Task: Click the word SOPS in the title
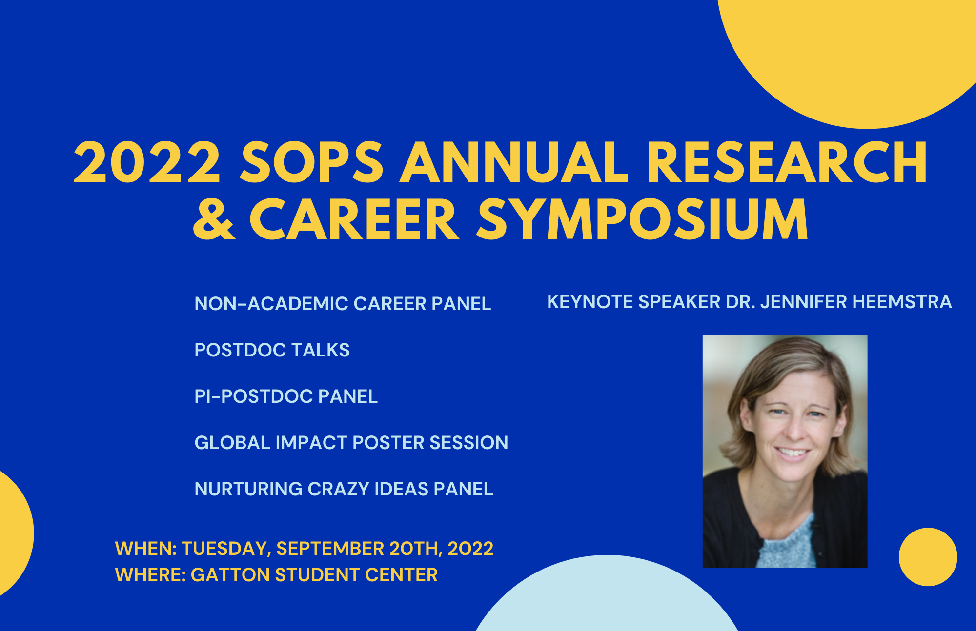[x=312, y=162]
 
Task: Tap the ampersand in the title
[x=214, y=219]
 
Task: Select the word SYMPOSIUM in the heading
[x=642, y=219]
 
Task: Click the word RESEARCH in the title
[x=787, y=162]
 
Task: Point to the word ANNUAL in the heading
[x=514, y=162]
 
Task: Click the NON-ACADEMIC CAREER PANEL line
[x=343, y=304]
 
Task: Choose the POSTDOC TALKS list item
[x=272, y=350]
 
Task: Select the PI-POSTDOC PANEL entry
[x=286, y=396]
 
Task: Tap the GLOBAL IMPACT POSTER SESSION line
[x=351, y=443]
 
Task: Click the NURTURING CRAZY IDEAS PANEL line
[x=344, y=489]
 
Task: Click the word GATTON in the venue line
[x=230, y=575]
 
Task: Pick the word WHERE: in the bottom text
[x=150, y=575]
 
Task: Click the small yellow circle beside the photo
[x=928, y=557]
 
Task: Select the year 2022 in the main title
[x=147, y=162]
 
